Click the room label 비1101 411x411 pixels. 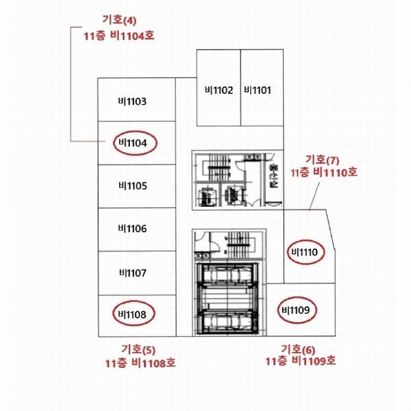tap(258, 90)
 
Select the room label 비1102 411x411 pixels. tap(219, 90)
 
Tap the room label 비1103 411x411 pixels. tap(132, 101)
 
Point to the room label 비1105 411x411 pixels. tap(133, 186)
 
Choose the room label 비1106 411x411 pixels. tap(132, 229)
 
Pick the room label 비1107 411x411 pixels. tap(133, 273)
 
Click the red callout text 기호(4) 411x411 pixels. tap(119, 20)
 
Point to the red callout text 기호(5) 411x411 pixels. tap(138, 349)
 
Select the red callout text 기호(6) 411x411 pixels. tap(298, 349)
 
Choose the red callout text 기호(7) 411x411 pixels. tap(322, 160)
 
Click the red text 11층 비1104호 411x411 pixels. tap(119, 36)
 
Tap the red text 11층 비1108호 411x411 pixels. tap(140, 363)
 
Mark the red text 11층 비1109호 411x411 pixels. tap(301, 361)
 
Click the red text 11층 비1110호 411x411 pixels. tap(324, 173)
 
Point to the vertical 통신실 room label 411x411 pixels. tap(273, 177)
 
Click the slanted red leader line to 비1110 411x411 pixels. tap(314, 197)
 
